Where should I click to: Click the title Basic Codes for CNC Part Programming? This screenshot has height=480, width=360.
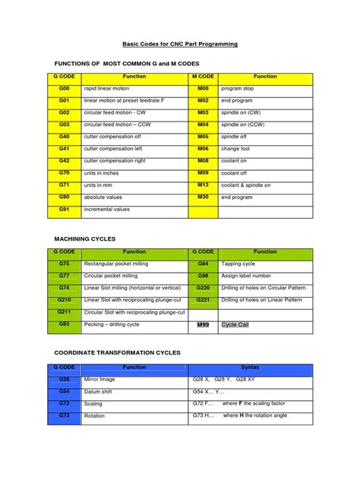181,45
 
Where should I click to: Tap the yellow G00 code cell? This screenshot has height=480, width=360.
64,88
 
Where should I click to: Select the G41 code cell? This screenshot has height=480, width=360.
64,149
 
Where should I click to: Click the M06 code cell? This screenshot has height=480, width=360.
203,149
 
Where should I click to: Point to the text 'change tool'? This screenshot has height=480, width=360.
235,149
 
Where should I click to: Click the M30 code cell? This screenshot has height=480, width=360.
203,197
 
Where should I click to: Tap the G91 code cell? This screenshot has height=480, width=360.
64,210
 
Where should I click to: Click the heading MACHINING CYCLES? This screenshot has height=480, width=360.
85,238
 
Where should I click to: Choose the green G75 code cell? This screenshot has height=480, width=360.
64,264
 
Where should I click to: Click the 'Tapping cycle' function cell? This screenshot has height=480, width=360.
266,264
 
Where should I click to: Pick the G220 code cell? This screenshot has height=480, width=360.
203,288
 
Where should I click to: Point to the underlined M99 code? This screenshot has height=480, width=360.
203,324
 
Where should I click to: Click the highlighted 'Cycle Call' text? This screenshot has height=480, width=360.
235,324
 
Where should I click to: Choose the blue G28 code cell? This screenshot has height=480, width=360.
64,378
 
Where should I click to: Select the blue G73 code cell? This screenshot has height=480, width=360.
64,416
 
